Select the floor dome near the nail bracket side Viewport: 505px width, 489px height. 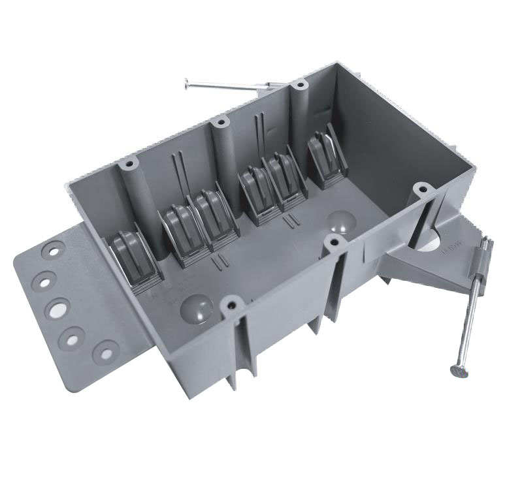[x=341, y=221]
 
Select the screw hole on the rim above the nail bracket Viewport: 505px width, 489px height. [x=423, y=190]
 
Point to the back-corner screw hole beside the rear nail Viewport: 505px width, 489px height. [x=299, y=84]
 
